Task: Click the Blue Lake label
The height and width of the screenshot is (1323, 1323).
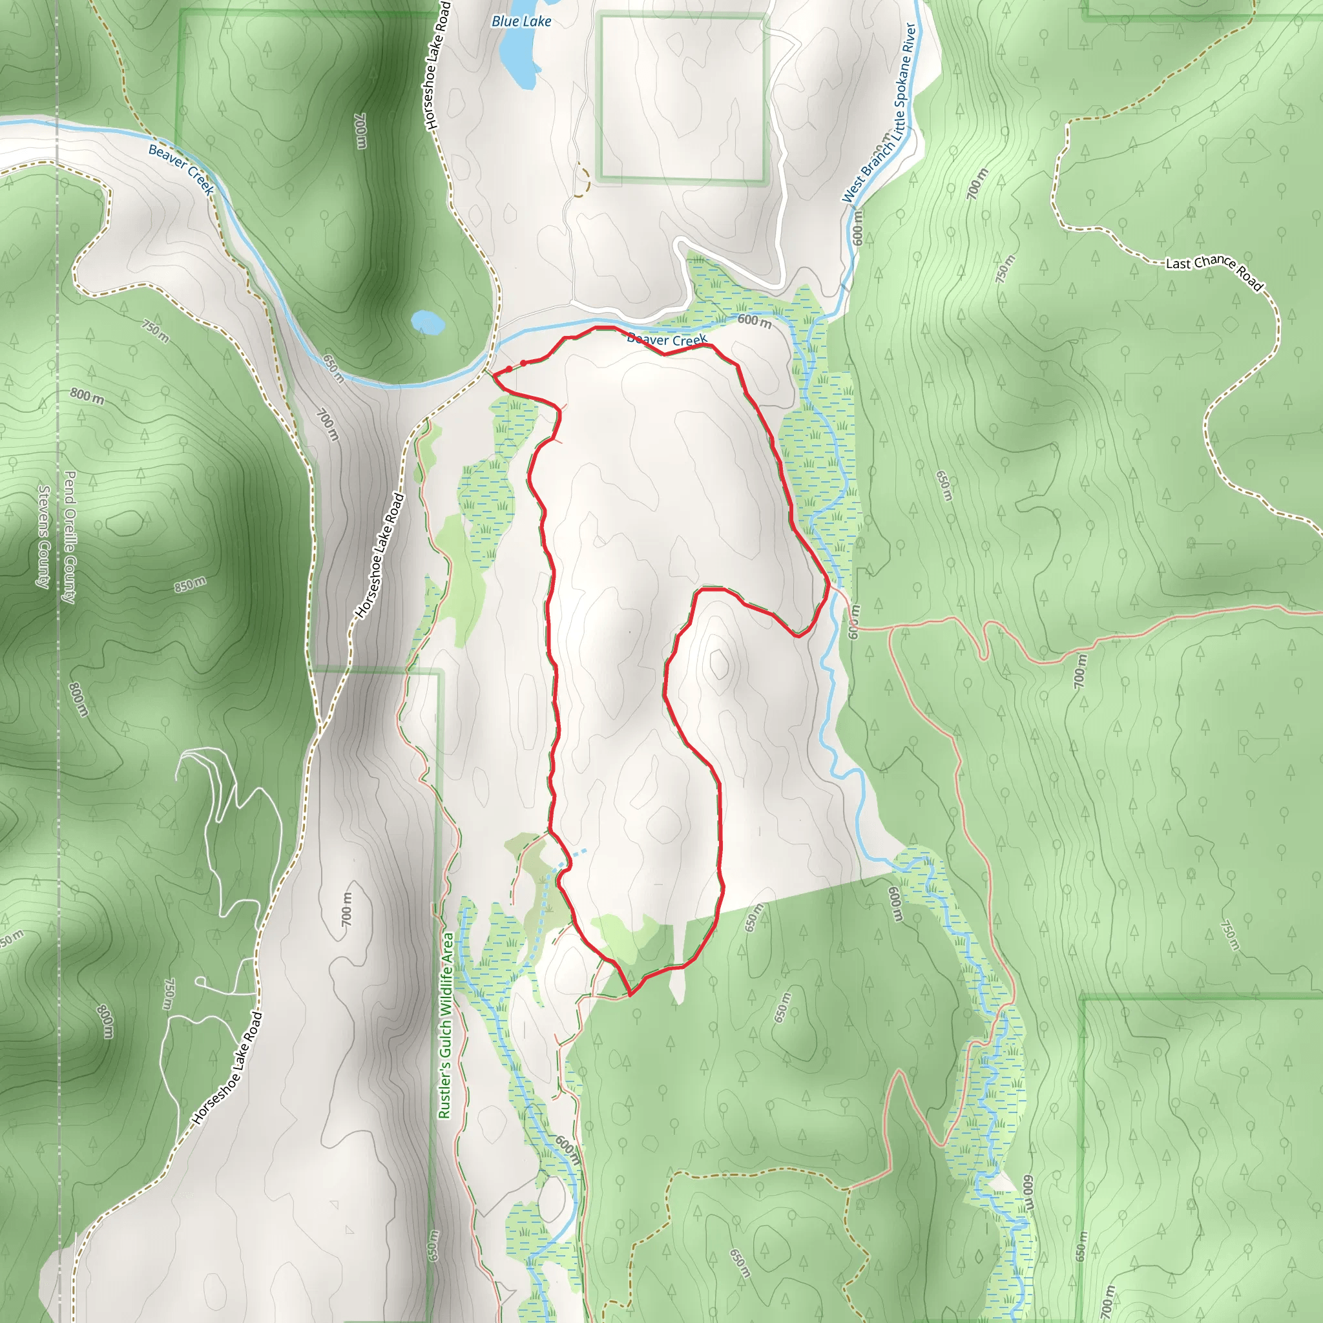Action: click(521, 21)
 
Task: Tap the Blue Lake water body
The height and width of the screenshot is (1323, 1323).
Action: click(517, 59)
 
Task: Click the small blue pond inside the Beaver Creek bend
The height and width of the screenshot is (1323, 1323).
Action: click(427, 321)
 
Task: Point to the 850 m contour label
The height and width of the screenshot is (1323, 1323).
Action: click(190, 584)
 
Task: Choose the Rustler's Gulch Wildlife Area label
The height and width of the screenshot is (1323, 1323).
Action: click(445, 1025)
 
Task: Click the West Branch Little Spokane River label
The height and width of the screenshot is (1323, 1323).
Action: click(880, 112)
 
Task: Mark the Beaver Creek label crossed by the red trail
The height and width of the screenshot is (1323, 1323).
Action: click(667, 340)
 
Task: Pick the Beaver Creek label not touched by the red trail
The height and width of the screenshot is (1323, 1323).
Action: click(182, 169)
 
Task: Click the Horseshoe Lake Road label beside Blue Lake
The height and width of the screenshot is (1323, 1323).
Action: click(437, 66)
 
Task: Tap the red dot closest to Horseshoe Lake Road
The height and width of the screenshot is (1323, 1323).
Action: click(509, 369)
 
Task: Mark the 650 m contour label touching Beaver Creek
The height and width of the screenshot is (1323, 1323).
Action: click(333, 368)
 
